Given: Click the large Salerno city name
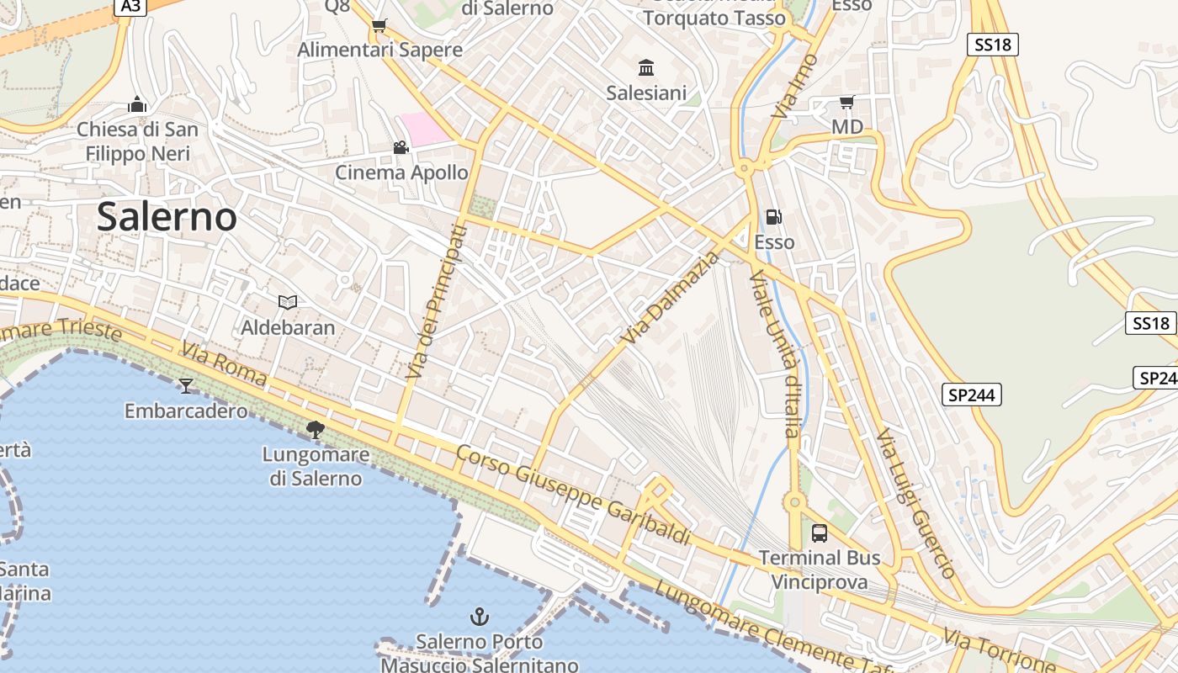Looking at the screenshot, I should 167,217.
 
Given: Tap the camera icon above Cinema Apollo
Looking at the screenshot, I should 401,148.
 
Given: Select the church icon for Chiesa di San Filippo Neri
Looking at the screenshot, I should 137,105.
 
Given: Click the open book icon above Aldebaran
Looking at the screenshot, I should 288,302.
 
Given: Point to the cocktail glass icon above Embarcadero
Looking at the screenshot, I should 186,385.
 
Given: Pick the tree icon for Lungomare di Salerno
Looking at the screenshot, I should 316,430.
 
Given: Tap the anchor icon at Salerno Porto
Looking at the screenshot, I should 479,617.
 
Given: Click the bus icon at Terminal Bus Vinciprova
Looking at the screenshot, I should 819,533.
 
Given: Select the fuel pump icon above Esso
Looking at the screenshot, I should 773,217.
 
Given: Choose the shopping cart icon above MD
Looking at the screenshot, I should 846,103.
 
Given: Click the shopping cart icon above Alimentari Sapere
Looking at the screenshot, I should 379,25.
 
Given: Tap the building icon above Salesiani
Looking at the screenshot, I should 646,67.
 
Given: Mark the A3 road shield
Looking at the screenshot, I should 130,7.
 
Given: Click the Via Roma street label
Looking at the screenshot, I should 224,364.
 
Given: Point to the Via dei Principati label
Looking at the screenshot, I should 435,301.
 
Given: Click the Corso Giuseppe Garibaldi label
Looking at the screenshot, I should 573,495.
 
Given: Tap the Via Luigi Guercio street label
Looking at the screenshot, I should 915,503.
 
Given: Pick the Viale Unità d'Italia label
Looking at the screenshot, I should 778,353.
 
